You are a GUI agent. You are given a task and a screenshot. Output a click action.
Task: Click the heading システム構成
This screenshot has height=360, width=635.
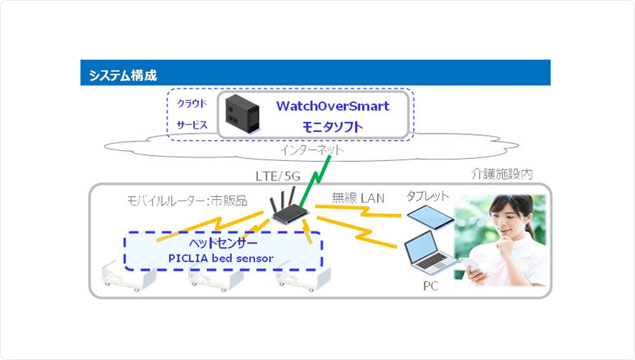click(123, 75)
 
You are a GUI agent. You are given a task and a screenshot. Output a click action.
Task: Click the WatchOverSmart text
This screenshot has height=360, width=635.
click(333, 106)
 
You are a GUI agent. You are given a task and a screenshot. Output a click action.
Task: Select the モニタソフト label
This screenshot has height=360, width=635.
click(332, 127)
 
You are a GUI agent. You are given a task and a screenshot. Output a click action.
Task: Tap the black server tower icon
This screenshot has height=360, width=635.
click(241, 114)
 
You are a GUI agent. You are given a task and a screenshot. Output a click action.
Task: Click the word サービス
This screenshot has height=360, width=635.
click(192, 125)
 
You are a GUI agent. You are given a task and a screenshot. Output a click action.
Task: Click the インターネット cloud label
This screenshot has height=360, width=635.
click(311, 150)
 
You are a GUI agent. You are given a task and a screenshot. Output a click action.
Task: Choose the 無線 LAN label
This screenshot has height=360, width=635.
click(356, 196)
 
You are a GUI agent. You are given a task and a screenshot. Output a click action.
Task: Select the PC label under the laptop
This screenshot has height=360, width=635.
click(430, 286)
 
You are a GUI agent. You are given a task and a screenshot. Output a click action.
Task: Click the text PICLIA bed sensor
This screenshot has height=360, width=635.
click(223, 257)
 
